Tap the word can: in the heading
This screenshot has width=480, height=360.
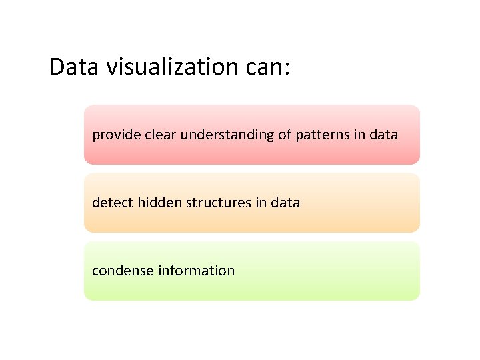coord(268,67)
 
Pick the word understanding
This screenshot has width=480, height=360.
coord(227,135)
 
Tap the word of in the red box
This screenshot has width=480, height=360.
coord(285,135)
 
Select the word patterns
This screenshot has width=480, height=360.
coord(323,135)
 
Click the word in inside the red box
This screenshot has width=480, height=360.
coord(359,135)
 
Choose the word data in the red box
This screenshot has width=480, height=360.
coord(383,135)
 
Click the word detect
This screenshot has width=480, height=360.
coord(113,203)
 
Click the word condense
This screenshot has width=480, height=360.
coord(123,271)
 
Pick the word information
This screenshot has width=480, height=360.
coord(197,271)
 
